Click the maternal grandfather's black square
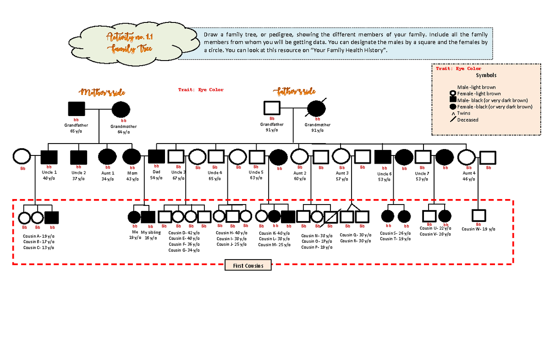pos(77,109)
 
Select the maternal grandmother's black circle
pos(121,110)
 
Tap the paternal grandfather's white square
pos(272,108)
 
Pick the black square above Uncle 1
pos(49,157)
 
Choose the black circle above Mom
pos(132,157)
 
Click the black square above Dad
pos(156,157)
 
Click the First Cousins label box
pos(248,266)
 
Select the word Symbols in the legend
pos(486,76)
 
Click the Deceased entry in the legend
pos(467,120)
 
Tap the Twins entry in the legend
pos(463,113)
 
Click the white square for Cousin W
pos(479,215)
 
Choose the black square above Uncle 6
pos(382,157)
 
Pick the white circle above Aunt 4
pos(466,157)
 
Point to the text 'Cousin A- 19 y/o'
pos(39,236)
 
